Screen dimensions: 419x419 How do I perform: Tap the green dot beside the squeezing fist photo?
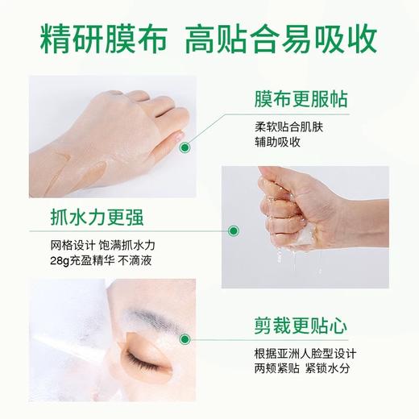233,231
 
